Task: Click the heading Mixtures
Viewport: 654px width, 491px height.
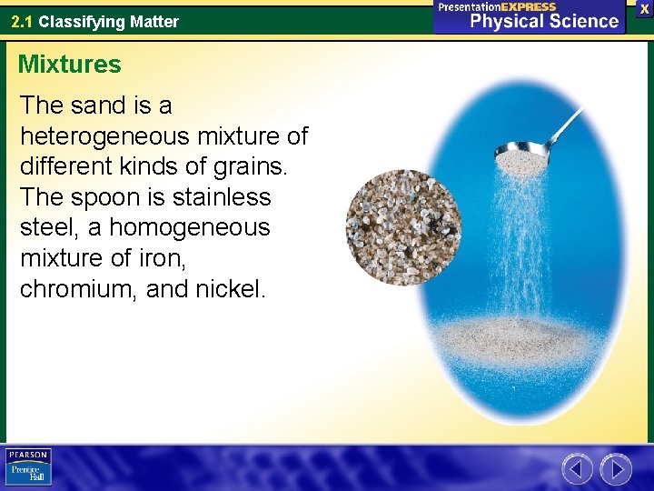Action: tap(69, 65)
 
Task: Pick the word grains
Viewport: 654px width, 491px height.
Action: tap(259, 166)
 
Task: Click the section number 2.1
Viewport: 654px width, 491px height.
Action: tap(23, 21)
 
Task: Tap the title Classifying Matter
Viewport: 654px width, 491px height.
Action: tap(108, 21)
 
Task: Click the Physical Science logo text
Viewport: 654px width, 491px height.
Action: tap(543, 22)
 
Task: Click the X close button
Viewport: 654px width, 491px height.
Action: tap(644, 8)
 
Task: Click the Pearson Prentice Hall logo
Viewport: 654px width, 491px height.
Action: tap(28, 466)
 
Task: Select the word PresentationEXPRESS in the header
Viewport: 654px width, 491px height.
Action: tap(498, 6)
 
